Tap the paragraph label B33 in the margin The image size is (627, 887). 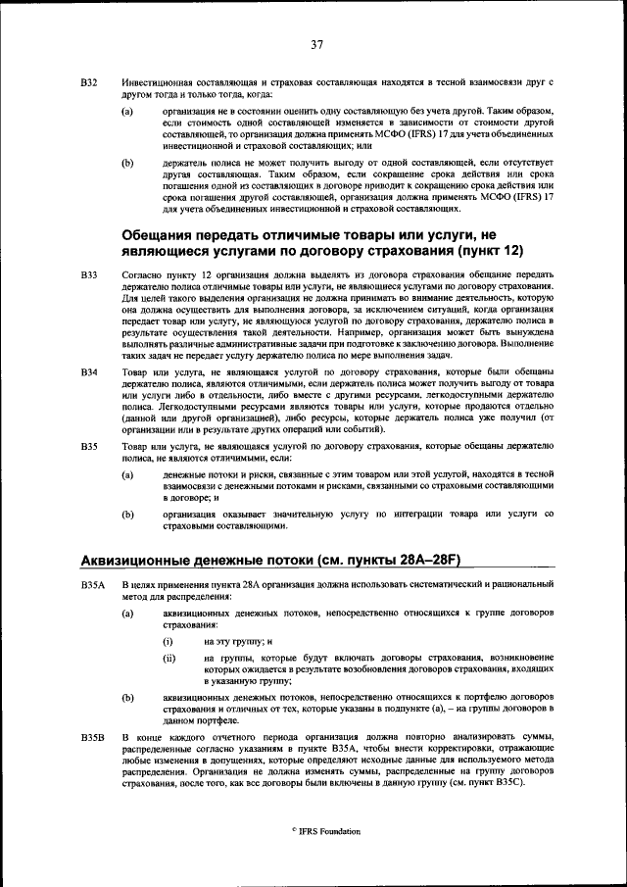pos(88,276)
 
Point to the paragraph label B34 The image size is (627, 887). pos(88,373)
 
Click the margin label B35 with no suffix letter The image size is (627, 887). pos(88,446)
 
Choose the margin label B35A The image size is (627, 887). pos(91,585)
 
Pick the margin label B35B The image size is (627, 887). pos(91,736)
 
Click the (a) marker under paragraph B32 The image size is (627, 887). pos(126,112)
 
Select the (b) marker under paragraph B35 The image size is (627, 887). pos(126,514)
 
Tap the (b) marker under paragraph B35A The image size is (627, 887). pos(126,697)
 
